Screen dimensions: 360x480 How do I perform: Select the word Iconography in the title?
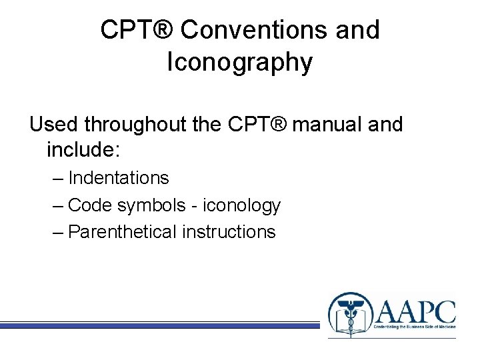tap(239, 62)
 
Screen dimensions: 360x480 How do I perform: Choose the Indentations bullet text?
tap(119, 178)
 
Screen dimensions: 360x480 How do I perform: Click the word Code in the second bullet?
tap(90, 205)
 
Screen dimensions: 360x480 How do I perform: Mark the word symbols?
tap(151, 205)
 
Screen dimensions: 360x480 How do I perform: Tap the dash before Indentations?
tap(58, 178)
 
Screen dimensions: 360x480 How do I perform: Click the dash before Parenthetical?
tap(58, 232)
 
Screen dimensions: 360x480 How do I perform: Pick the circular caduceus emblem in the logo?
tap(347, 315)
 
